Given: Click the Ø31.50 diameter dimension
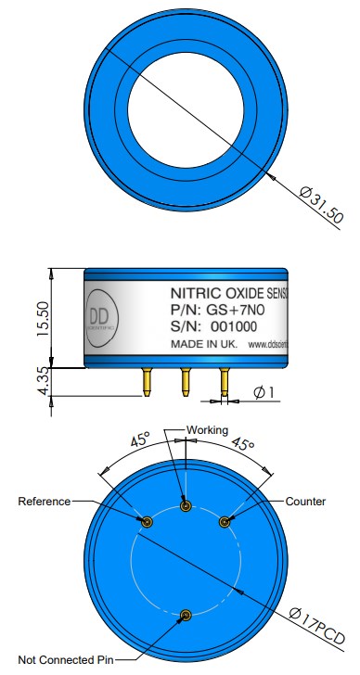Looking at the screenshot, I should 322,207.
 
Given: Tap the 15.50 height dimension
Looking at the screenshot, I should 43,318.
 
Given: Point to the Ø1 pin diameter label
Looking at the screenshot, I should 265,393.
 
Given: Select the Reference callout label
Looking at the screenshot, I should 45,502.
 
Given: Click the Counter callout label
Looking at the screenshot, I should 305,502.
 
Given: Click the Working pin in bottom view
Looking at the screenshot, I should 186,505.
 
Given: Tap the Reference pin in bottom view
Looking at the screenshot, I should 146,522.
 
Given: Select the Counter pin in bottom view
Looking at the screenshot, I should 224,522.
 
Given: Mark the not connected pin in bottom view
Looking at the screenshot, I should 186,615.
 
